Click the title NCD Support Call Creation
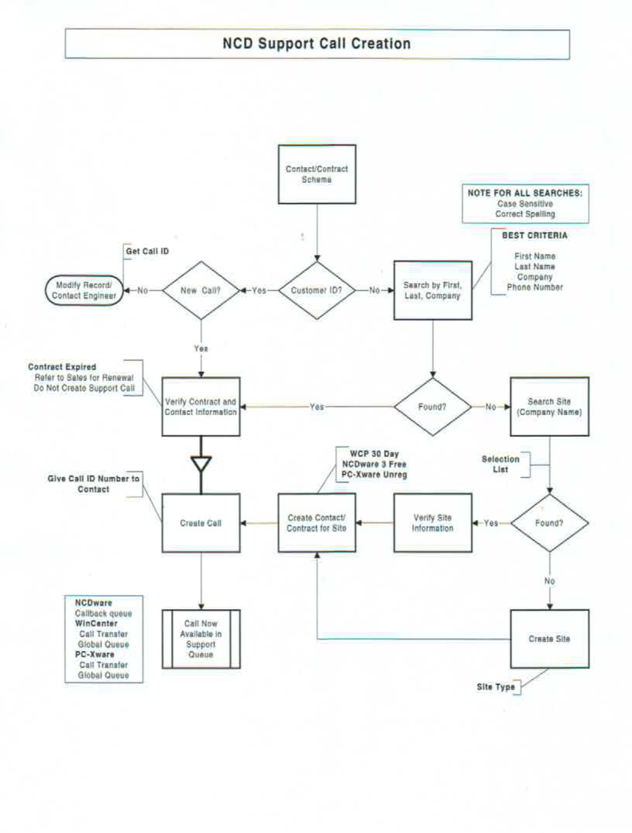click(317, 44)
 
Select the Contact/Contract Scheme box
click(317, 174)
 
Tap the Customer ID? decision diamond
click(317, 290)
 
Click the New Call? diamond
click(201, 290)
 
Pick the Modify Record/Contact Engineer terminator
click(84, 290)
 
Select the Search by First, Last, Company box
click(433, 290)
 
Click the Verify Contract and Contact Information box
click(201, 406)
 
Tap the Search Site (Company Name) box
click(549, 406)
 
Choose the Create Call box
click(201, 523)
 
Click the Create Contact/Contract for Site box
click(317, 523)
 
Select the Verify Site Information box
click(433, 523)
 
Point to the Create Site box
click(549, 639)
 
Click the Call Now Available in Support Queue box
click(201, 639)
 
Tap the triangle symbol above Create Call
click(201, 463)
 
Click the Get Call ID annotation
click(147, 251)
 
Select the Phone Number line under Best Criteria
click(535, 287)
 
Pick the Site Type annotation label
click(496, 687)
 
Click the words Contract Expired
click(62, 367)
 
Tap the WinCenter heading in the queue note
click(96, 623)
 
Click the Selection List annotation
click(500, 464)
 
